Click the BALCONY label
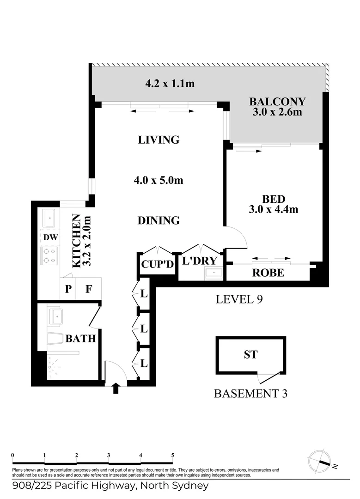pyautogui.click(x=277, y=102)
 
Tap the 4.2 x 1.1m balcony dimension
pyautogui.click(x=170, y=84)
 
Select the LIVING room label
pyautogui.click(x=159, y=140)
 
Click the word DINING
pyautogui.click(x=159, y=221)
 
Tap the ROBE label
pyautogui.click(x=268, y=273)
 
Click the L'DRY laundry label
pyautogui.click(x=200, y=261)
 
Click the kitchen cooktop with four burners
pyautogui.click(x=49, y=256)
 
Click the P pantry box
pyautogui.click(x=68, y=289)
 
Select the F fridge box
pyautogui.click(x=89, y=289)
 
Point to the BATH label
pyautogui.click(x=80, y=339)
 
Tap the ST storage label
pyautogui.click(x=250, y=355)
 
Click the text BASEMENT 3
pyautogui.click(x=251, y=394)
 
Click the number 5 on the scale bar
pyautogui.click(x=172, y=455)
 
